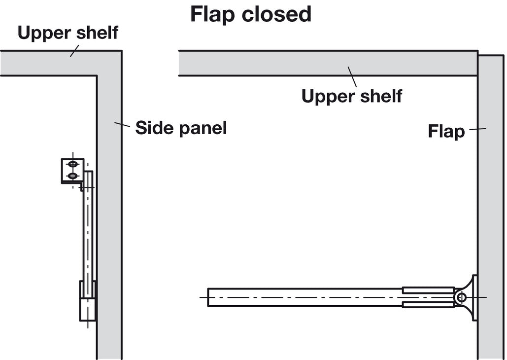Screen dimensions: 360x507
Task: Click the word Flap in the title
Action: [x=212, y=14]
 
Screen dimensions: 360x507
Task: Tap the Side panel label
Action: [x=181, y=128]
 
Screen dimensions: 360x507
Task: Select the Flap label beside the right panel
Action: [x=446, y=132]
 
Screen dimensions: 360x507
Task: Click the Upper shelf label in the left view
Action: [x=68, y=33]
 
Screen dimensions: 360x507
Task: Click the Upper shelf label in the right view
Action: [x=351, y=96]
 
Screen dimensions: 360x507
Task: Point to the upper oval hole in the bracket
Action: [x=72, y=164]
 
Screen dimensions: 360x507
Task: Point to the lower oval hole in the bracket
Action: [x=72, y=176]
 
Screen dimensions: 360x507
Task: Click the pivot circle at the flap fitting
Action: [x=461, y=297]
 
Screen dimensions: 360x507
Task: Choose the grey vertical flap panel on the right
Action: [x=490, y=207]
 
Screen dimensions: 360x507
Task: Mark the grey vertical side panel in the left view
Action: [x=109, y=222]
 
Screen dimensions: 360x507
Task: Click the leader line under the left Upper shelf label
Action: [x=74, y=51]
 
